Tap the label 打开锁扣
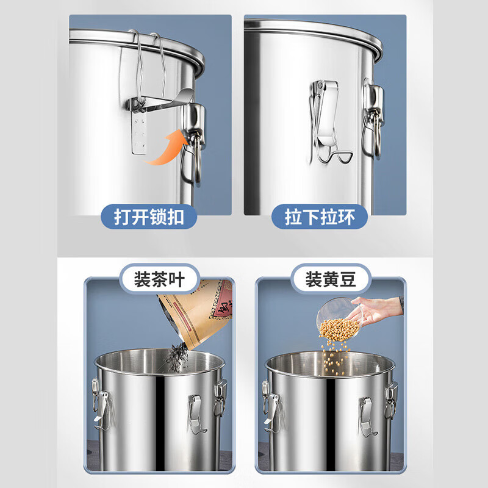pos(149,217)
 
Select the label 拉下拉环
pos(320,217)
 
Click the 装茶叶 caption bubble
pos(160,279)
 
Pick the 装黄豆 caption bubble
pos(331,279)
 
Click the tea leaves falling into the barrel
pos(178,358)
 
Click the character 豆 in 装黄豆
pos(347,279)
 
